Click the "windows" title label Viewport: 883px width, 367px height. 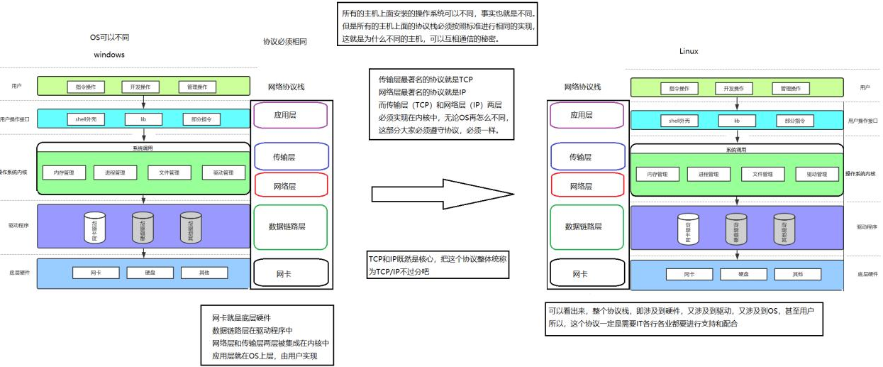(109, 54)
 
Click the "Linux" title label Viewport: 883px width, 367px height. (688, 51)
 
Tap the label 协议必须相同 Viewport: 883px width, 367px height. (284, 42)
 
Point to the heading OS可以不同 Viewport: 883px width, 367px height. (109, 36)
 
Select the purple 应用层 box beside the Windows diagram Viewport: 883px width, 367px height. (289, 114)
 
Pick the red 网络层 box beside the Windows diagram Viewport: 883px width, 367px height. (289, 185)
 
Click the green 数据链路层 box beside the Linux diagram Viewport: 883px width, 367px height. (586, 226)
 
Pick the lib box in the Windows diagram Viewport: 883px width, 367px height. (143, 119)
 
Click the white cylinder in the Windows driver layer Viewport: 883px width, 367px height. (94, 226)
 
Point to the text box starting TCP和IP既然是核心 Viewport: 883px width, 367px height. (438, 265)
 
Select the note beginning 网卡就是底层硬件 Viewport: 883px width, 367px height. (267, 336)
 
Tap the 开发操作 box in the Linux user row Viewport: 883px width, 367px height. (734, 89)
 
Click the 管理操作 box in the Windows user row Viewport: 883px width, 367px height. (196, 87)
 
